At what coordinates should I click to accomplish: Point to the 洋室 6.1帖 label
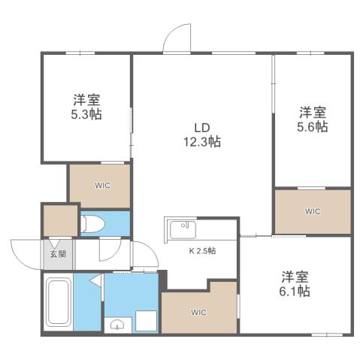pyautogui.click(x=296, y=283)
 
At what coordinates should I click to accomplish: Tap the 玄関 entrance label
pyautogui.click(x=58, y=254)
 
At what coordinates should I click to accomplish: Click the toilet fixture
pyautogui.click(x=93, y=223)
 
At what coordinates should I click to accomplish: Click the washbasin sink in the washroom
pyautogui.click(x=117, y=325)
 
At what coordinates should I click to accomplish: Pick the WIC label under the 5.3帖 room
pyautogui.click(x=101, y=185)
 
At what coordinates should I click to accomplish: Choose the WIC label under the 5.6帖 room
pyautogui.click(x=312, y=211)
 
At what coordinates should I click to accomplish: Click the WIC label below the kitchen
pyautogui.click(x=198, y=312)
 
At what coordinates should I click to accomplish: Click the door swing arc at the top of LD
pyautogui.click(x=179, y=39)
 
